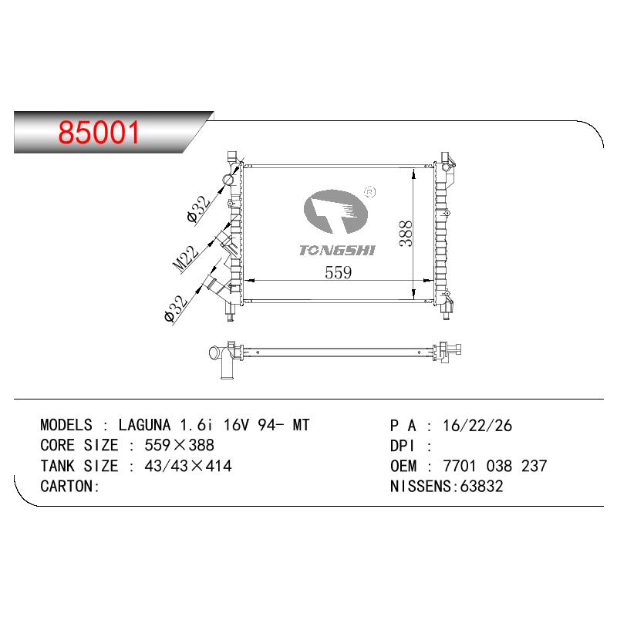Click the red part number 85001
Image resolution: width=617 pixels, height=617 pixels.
pyautogui.click(x=99, y=132)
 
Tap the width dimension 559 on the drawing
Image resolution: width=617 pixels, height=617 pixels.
pyautogui.click(x=338, y=272)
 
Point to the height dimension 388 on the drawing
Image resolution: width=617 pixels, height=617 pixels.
pyautogui.click(x=406, y=234)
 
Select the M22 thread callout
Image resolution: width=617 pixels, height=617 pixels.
pyautogui.click(x=186, y=259)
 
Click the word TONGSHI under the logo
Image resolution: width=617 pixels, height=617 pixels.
pyautogui.click(x=337, y=250)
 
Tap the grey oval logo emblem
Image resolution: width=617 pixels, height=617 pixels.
pyautogui.click(x=335, y=211)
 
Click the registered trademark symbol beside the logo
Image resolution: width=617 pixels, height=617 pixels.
pyautogui.click(x=370, y=192)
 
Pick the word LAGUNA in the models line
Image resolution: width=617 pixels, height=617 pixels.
pyautogui.click(x=145, y=425)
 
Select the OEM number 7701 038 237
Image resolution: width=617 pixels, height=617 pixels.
pyautogui.click(x=494, y=466)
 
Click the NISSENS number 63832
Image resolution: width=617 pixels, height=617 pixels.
pyautogui.click(x=481, y=487)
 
